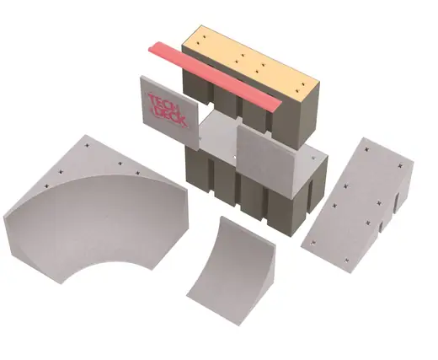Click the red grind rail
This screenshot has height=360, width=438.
[x=215, y=76]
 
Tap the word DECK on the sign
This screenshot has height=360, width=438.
[x=171, y=116]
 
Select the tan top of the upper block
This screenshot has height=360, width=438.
[x=251, y=59]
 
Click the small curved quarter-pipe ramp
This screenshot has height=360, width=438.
[x=231, y=271]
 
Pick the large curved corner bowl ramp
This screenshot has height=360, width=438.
[x=96, y=209]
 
